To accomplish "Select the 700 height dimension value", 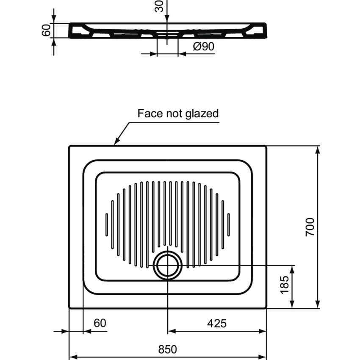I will (310, 227).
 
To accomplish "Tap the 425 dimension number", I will (217, 324).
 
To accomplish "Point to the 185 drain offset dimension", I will (284, 286).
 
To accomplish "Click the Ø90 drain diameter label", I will (203, 47).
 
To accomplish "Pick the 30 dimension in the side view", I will (160, 6).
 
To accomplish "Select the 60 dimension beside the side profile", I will (46, 30).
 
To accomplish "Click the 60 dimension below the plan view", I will (100, 324).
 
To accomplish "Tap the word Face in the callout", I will (148, 114).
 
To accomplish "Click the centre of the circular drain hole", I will (168, 266).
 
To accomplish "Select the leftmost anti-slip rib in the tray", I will (107, 224).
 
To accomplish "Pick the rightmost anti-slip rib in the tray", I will (229, 224).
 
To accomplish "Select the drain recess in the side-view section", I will (168, 34).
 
